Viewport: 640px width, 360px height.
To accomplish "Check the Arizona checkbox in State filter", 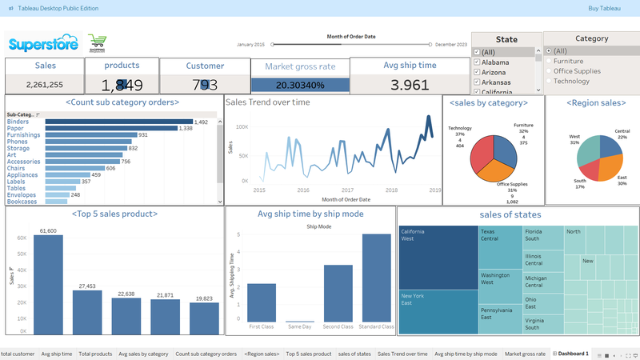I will (x=478, y=71).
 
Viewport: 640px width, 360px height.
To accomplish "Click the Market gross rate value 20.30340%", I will (x=300, y=85).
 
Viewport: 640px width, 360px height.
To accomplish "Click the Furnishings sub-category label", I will (x=26, y=135).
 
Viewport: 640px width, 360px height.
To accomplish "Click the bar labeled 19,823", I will (x=205, y=318).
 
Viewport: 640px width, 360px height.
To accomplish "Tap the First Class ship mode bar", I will (x=262, y=306).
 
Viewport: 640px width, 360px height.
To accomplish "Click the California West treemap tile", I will (x=438, y=257).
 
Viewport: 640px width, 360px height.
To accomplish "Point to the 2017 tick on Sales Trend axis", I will (x=346, y=190).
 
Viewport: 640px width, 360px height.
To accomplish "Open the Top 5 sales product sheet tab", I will (x=308, y=353).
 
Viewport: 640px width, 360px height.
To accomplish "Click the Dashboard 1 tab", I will (x=574, y=353).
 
